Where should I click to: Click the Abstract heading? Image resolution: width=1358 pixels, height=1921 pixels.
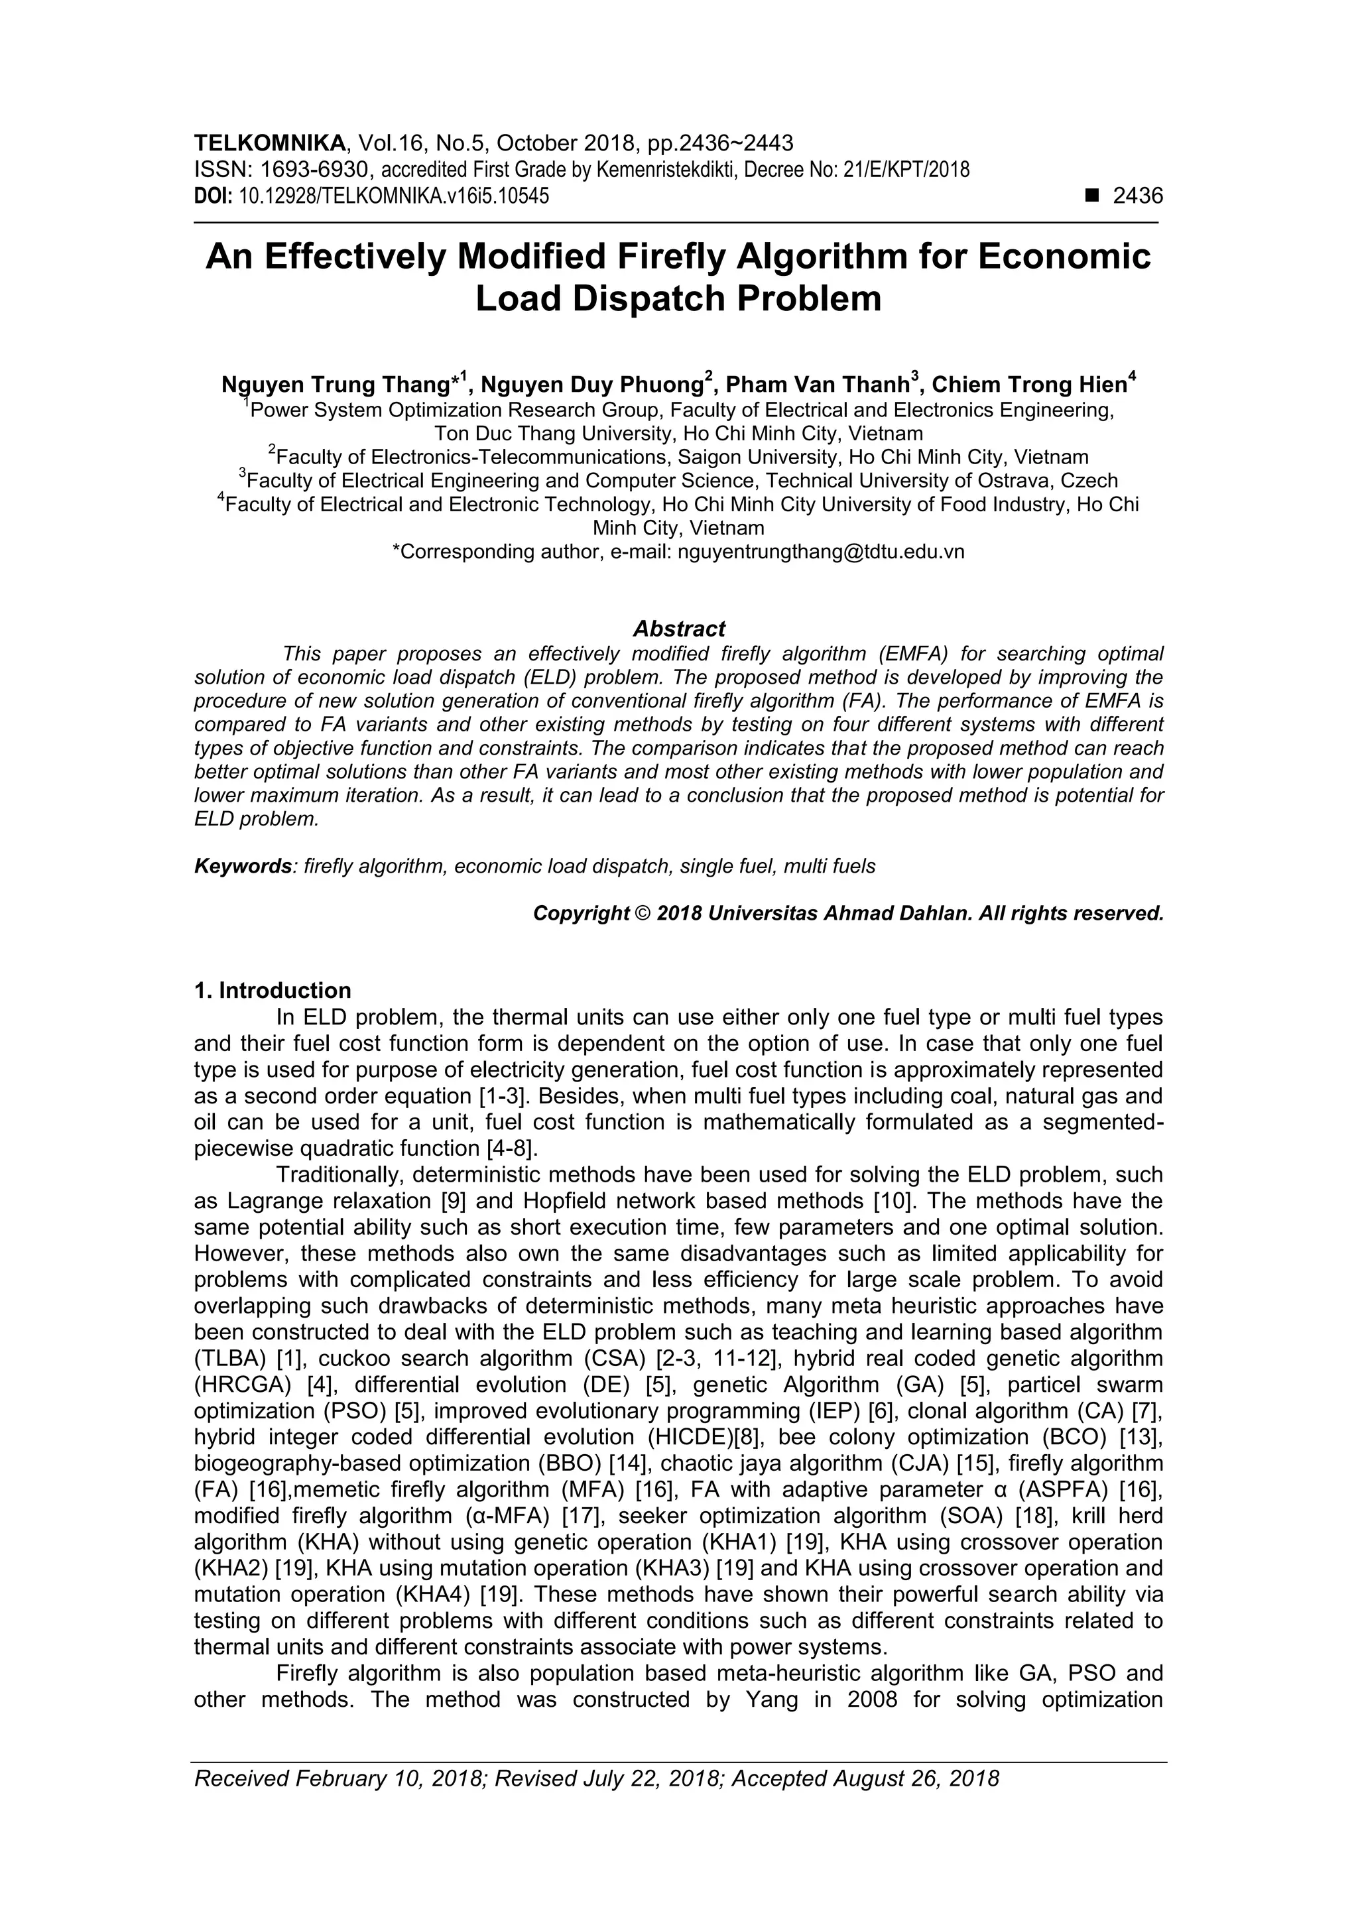pyautogui.click(x=678, y=629)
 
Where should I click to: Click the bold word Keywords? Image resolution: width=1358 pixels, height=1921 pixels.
pyautogui.click(x=243, y=866)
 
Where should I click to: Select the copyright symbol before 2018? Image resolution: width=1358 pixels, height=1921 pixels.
pyautogui.click(x=643, y=914)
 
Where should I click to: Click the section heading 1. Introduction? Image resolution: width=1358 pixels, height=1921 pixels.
pyautogui.click(x=273, y=991)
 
